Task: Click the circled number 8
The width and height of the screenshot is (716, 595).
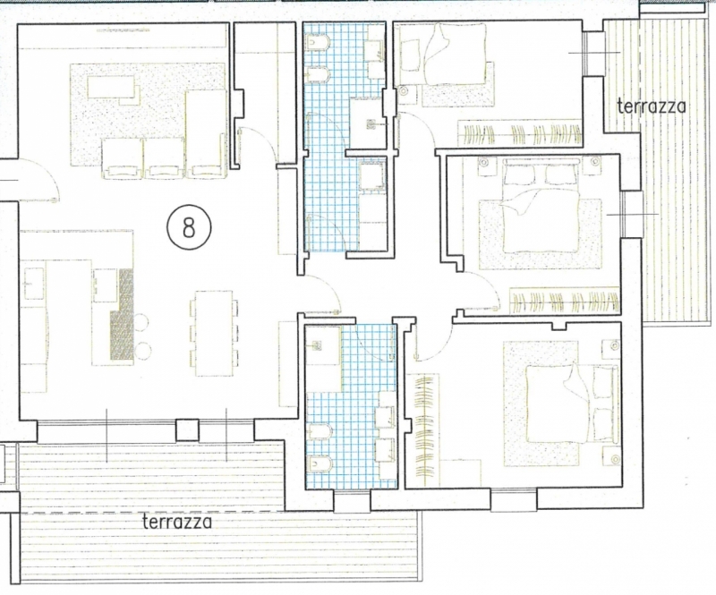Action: click(189, 227)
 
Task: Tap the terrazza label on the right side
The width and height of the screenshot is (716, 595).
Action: click(652, 106)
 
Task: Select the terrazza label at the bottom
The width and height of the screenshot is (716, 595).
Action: click(177, 521)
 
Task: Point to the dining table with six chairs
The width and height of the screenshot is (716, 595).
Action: click(214, 333)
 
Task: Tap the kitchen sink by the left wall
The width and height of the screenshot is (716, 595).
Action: click(32, 284)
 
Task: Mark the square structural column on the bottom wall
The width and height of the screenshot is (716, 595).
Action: click(188, 430)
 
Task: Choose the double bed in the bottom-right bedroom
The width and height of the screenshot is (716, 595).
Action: click(572, 404)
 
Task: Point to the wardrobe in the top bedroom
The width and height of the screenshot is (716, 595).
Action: click(520, 133)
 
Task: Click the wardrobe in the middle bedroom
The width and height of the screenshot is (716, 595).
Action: click(565, 301)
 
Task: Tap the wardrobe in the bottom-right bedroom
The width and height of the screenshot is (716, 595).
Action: click(423, 429)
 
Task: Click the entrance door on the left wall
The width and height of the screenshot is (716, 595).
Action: click(38, 179)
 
